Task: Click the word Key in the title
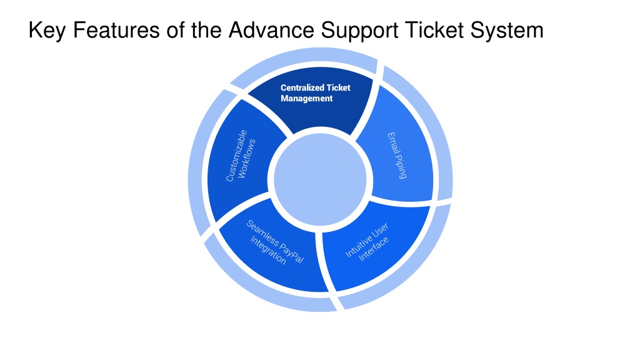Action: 46,31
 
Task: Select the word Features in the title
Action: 116,31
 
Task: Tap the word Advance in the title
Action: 271,31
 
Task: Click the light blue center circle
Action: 321,179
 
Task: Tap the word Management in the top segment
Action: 306,99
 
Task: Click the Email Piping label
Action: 397,156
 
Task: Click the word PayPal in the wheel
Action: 292,253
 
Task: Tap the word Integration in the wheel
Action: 267,250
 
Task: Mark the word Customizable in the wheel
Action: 237,156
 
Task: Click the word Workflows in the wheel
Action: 246,158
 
